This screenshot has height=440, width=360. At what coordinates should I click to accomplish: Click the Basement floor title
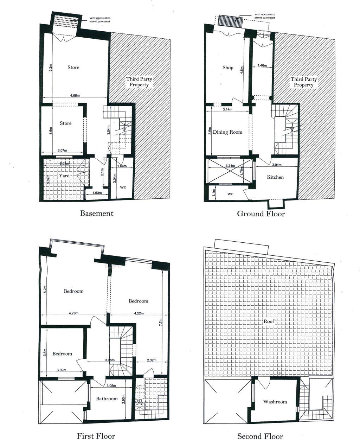click(x=97, y=213)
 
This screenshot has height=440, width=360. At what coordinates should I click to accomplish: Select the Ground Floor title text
click(x=261, y=213)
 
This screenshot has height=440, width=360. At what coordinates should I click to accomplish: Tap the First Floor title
click(x=96, y=436)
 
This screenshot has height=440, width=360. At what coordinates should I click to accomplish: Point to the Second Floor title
click(x=260, y=436)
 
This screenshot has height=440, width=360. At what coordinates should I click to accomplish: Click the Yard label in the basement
click(x=64, y=176)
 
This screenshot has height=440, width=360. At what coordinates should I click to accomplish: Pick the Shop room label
click(x=228, y=68)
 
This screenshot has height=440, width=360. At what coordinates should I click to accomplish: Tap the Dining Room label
click(x=227, y=132)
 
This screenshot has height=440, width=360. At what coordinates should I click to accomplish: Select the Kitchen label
click(x=275, y=177)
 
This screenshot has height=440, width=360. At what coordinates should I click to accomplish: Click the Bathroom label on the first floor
click(x=107, y=398)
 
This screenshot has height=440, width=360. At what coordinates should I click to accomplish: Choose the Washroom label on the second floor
click(x=275, y=402)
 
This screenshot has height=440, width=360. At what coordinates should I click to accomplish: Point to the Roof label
click(x=269, y=321)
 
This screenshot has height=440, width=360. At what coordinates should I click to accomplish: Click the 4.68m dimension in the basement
click(x=75, y=95)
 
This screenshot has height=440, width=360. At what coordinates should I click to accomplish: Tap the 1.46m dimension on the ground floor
click(x=262, y=65)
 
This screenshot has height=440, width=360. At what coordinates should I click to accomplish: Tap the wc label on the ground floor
click(x=230, y=194)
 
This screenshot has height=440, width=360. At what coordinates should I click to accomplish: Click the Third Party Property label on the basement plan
click(x=139, y=82)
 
